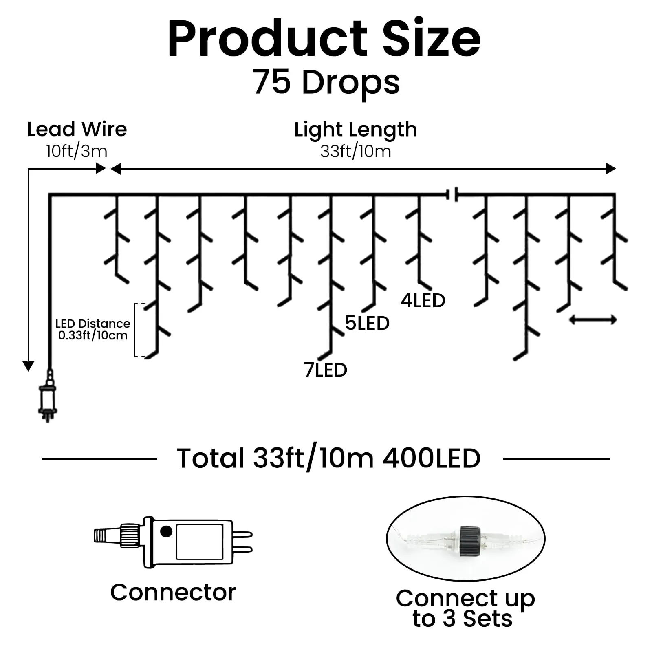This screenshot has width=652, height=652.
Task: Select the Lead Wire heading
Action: point(77,129)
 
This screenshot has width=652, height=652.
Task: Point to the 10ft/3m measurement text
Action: point(77,151)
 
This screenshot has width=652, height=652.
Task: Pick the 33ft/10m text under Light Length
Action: point(356,151)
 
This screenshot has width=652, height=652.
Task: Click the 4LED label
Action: point(423,301)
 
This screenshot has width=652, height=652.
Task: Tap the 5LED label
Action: point(367,323)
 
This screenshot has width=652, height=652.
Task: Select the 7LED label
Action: point(326,370)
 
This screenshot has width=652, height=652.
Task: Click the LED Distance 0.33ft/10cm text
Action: point(93,330)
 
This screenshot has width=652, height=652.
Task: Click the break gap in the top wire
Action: point(452,194)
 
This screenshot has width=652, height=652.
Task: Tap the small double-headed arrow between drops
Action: point(593,320)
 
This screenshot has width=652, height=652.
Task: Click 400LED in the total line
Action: point(432,458)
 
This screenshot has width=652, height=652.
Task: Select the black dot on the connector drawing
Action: point(166,531)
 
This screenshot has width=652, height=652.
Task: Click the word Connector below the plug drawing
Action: point(173,592)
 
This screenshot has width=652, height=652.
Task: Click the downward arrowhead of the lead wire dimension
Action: point(28,366)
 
